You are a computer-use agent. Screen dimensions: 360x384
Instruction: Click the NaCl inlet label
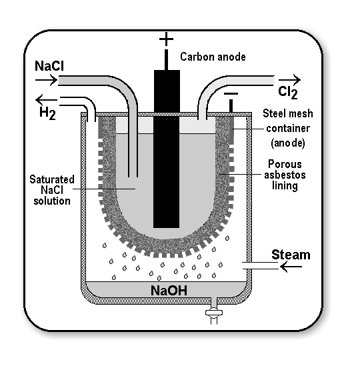click(x=49, y=66)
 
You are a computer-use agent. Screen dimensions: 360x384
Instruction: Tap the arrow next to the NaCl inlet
click(x=46, y=80)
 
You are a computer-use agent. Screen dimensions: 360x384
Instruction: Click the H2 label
click(x=47, y=113)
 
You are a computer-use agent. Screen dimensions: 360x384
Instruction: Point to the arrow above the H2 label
click(x=47, y=100)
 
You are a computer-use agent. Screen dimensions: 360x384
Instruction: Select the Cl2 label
click(x=288, y=93)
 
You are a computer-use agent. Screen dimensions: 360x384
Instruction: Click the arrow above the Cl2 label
click(x=289, y=79)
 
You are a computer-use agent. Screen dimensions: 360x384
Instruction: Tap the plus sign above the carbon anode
click(x=166, y=39)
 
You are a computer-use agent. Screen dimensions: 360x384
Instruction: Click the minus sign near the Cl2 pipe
click(x=231, y=93)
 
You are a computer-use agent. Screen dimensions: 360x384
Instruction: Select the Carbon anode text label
click(x=213, y=57)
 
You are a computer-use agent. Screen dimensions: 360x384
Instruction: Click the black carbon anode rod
click(x=167, y=149)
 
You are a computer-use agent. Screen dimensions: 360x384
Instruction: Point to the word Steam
click(x=291, y=255)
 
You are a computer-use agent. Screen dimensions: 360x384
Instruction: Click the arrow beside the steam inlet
click(x=291, y=267)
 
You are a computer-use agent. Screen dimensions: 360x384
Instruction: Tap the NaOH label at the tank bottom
click(x=169, y=291)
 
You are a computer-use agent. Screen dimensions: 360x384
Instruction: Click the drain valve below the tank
click(x=214, y=313)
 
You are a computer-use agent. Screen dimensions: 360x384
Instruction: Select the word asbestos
click(x=285, y=175)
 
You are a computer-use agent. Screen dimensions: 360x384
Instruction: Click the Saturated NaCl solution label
click(x=52, y=190)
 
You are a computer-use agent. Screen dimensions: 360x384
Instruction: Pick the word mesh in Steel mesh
click(x=297, y=113)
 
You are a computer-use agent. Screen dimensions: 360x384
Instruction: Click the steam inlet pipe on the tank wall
click(x=260, y=265)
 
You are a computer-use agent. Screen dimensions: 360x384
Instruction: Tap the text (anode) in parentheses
click(x=288, y=143)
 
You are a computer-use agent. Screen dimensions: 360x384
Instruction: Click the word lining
click(x=285, y=186)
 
